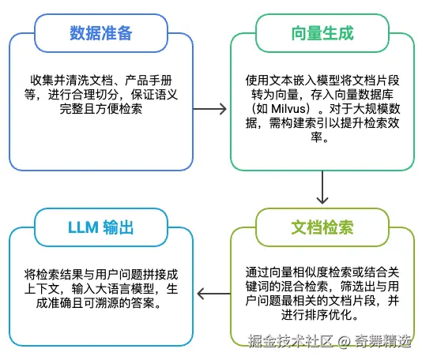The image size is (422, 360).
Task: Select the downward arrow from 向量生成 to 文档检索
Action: (321, 189)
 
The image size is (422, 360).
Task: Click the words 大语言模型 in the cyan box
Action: (127, 290)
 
